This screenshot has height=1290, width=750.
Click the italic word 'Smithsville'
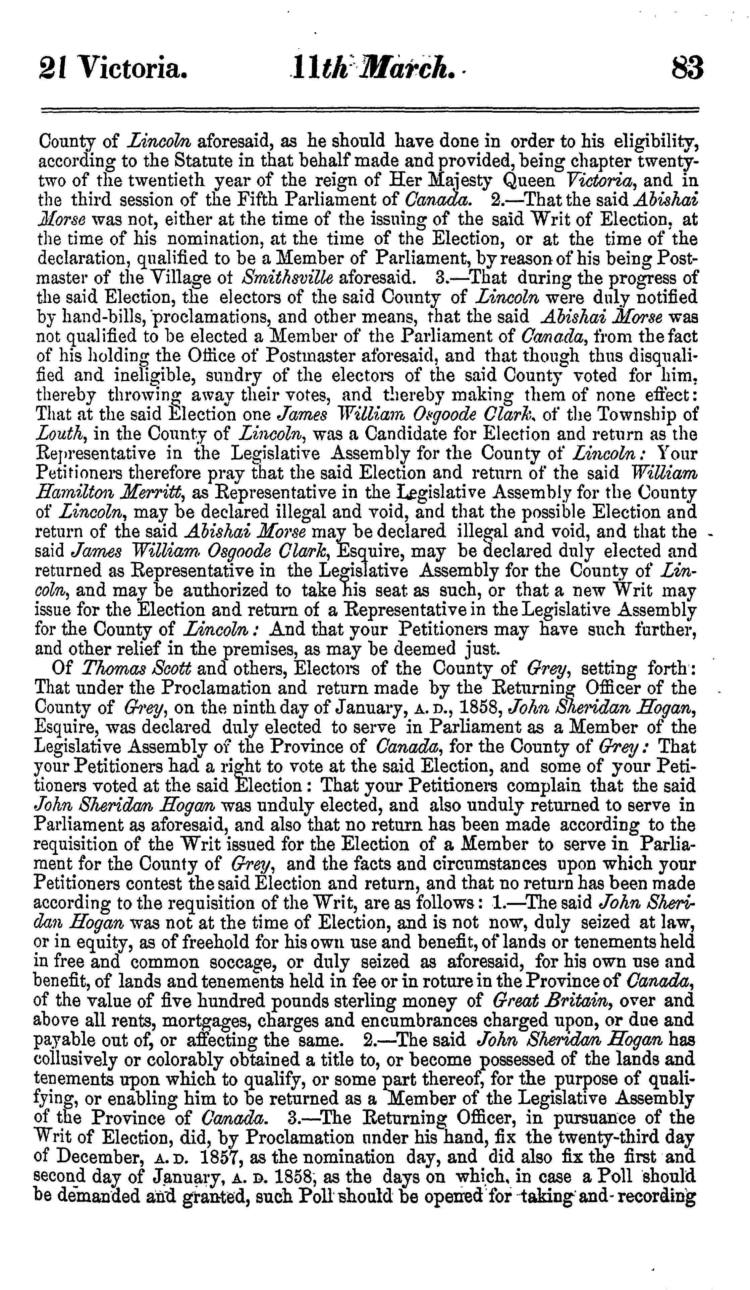(287, 278)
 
